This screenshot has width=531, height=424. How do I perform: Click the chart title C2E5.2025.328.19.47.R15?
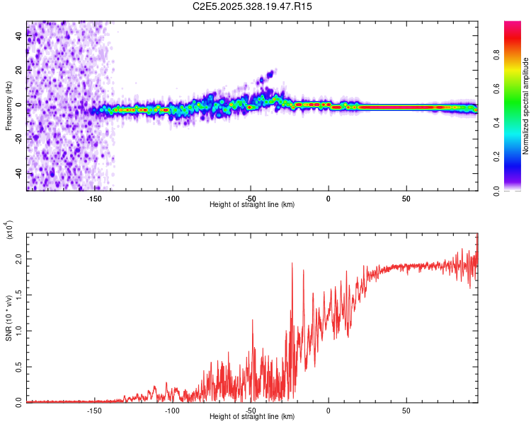[x=252, y=6]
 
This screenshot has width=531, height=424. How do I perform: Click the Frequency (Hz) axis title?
[x=8, y=105]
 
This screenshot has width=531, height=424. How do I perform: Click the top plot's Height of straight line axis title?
[x=252, y=204]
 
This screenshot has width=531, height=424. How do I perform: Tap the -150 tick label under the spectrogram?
[x=94, y=199]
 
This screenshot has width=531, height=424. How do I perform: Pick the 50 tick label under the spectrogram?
[x=406, y=199]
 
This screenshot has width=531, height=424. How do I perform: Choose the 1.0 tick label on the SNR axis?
[x=19, y=331]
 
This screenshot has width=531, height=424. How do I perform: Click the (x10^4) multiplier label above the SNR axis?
[x=10, y=230]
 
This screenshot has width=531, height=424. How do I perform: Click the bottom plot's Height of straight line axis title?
[x=252, y=416]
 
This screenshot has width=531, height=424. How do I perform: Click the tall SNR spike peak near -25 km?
[x=292, y=263]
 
